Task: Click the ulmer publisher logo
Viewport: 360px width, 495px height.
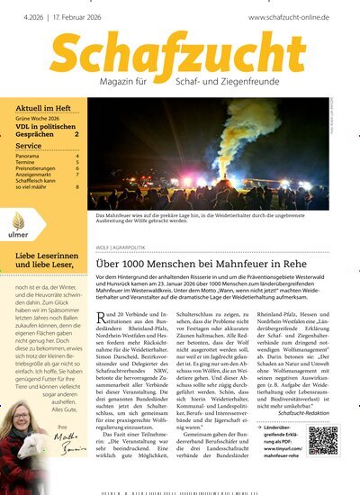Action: click(18, 226)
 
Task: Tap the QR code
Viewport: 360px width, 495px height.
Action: click(323, 442)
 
